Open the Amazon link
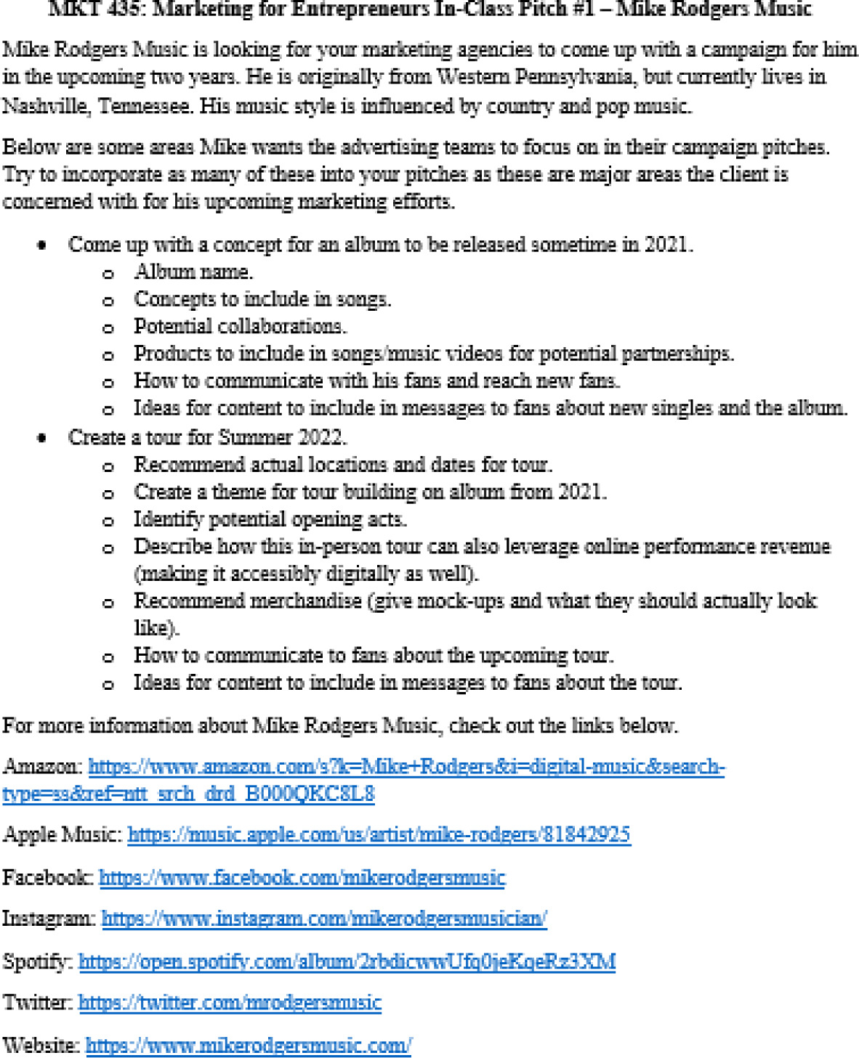(406, 766)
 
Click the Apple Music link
(379, 834)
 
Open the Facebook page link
(302, 877)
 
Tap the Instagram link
(324, 919)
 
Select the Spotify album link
(347, 961)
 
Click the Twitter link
(230, 1003)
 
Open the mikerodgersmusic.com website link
(249, 1046)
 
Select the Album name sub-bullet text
(193, 272)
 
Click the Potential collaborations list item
(240, 326)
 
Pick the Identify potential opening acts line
(270, 519)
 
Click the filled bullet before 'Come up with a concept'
(42, 245)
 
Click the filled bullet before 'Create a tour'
(42, 438)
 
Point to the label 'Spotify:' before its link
(37, 961)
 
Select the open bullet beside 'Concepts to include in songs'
(108, 301)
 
